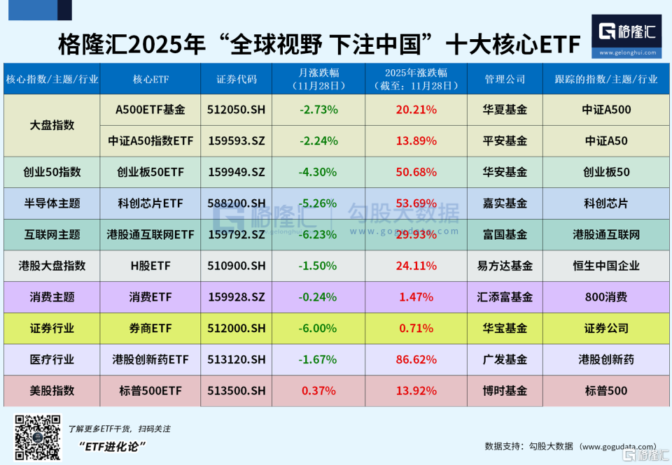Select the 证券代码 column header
pos(237,79)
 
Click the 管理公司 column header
pos(505,79)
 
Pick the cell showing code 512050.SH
pos(237,110)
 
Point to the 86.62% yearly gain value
pos(416,359)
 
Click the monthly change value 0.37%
pos(318,391)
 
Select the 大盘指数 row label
pos(52,125)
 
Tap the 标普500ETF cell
pos(150,391)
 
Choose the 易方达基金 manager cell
pos(505,266)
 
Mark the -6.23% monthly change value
pos(318,234)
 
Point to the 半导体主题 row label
pos(52,203)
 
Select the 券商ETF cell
pos(150,328)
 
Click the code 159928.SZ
pos(237,297)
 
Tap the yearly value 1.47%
pos(416,297)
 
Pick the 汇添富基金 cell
pos(505,297)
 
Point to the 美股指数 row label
pos(52,391)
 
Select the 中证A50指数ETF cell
pos(150,141)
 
